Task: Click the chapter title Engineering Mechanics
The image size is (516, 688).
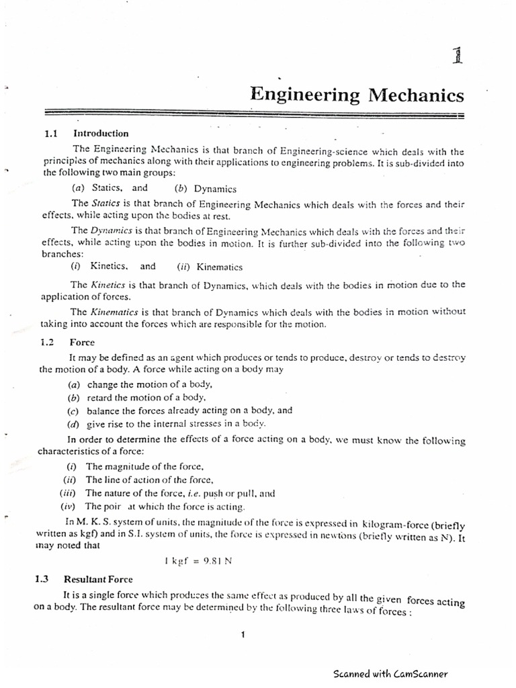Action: [357, 95]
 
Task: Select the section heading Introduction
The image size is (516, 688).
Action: [101, 133]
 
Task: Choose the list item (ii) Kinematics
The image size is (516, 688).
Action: [210, 266]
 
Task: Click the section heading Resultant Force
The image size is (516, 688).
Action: [98, 578]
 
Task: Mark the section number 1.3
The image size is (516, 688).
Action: [43, 578]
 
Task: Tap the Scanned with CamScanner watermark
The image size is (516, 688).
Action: [390, 673]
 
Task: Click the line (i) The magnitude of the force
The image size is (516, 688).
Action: [135, 466]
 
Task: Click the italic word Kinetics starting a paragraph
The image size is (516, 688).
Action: [110, 284]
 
